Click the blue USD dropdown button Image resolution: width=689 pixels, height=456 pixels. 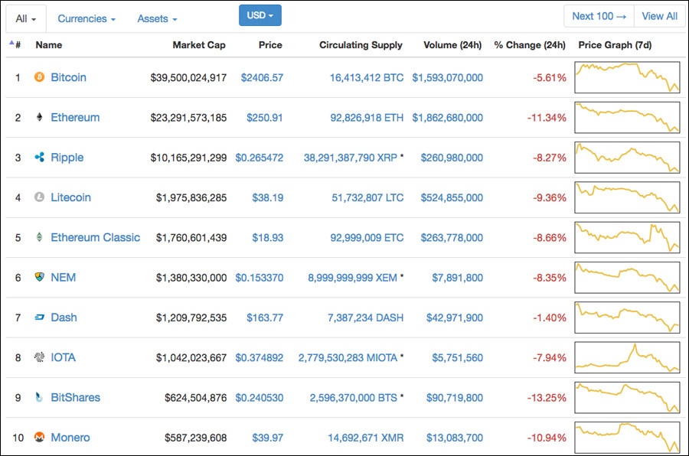tap(260, 15)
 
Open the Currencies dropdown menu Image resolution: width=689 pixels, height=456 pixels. tap(87, 18)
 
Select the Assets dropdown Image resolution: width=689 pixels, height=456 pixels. tap(157, 18)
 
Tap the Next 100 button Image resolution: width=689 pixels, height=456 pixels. tap(599, 16)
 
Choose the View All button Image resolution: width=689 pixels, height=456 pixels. tap(659, 16)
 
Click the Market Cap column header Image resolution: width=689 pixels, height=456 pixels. tap(199, 45)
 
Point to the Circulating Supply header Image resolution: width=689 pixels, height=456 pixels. tap(361, 45)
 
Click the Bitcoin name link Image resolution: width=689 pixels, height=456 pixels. tap(68, 77)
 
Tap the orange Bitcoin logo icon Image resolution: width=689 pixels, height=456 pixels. tap(40, 77)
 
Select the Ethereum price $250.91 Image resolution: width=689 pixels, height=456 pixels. tap(265, 118)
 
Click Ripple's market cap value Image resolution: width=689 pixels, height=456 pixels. tap(188, 158)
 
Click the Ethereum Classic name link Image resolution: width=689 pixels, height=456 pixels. tap(95, 237)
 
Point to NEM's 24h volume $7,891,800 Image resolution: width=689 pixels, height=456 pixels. tap(457, 278)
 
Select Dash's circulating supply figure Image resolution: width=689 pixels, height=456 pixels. tap(365, 318)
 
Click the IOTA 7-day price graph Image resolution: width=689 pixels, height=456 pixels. tap(627, 357)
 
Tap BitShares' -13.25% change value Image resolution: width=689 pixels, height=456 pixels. tap(547, 398)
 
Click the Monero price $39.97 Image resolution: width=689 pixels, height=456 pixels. tap(268, 438)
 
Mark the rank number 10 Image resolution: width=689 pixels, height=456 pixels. tap(18, 438)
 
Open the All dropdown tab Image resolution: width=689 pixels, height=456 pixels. tap(26, 18)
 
